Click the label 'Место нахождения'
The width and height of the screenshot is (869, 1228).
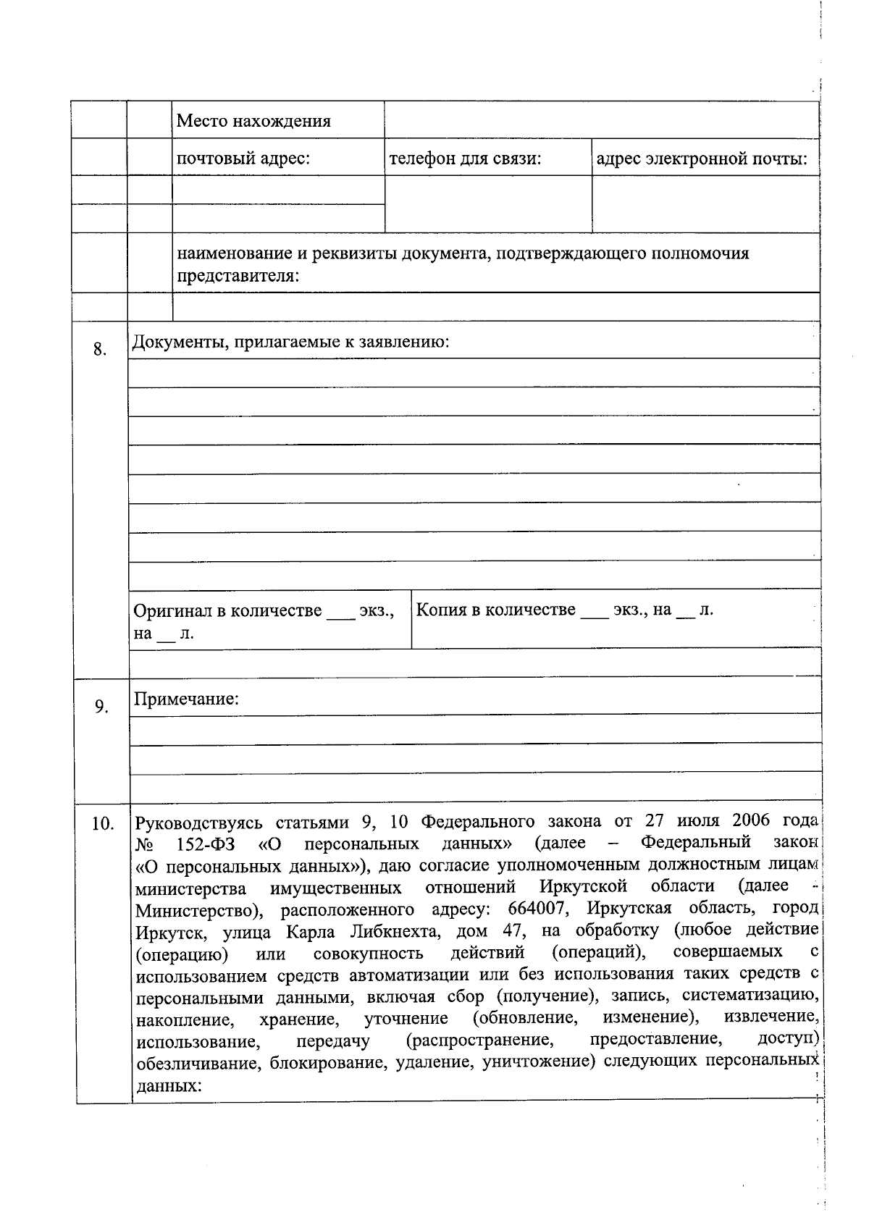(253, 121)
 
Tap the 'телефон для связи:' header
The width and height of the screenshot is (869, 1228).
(466, 158)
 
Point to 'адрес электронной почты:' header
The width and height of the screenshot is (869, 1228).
(701, 158)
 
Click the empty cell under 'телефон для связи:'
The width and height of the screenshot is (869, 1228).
(487, 203)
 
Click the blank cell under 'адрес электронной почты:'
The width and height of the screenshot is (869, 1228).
(705, 203)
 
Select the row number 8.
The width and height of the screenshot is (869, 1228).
(100, 350)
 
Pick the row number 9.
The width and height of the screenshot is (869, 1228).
(101, 707)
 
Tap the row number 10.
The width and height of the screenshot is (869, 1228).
(103, 824)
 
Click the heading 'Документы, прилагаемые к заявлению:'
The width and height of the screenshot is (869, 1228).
(290, 342)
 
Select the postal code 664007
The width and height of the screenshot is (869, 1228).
(538, 909)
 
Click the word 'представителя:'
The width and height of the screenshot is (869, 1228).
(238, 276)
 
